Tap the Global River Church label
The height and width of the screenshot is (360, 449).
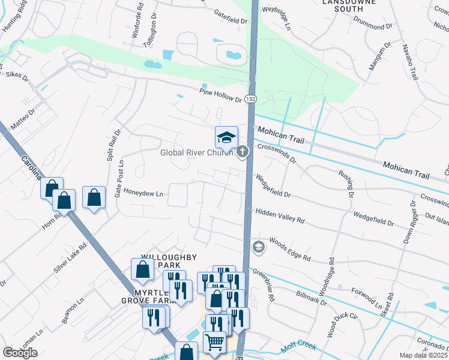(196, 152)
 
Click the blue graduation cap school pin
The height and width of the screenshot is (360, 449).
(226, 138)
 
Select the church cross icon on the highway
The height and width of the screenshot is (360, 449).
(243, 152)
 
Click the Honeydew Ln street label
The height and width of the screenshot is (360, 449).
(143, 194)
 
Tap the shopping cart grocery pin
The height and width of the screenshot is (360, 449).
(214, 343)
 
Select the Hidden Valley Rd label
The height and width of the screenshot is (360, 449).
(280, 217)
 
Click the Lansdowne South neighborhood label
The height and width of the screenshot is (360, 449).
(351, 6)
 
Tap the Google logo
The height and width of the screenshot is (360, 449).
(20, 353)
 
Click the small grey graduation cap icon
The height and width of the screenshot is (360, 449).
(258, 247)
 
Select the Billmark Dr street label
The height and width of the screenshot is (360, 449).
(312, 298)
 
